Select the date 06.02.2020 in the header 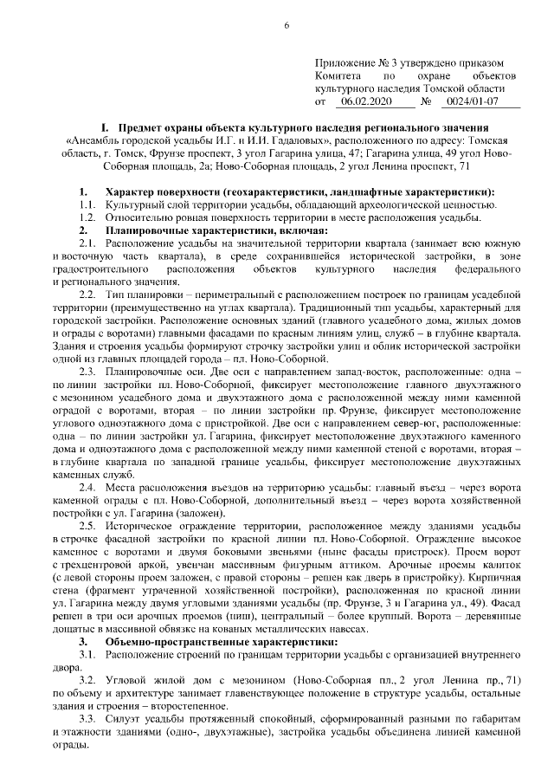pyautogui.click(x=367, y=101)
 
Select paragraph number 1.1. pyautogui.click(x=87, y=204)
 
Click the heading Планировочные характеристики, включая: pyautogui.click(x=216, y=230)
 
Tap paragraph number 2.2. pyautogui.click(x=87, y=296)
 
